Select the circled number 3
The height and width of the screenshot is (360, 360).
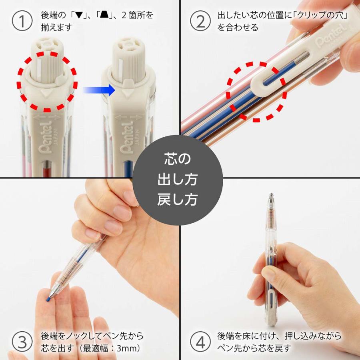pyautogui.click(x=22, y=342)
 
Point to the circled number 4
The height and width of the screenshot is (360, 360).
pyautogui.click(x=200, y=342)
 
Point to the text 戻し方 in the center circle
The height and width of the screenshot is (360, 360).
pyautogui.click(x=177, y=200)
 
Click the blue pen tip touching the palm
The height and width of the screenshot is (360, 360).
pyautogui.click(x=48, y=298)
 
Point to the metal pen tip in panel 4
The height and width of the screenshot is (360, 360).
pyautogui.click(x=271, y=199)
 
